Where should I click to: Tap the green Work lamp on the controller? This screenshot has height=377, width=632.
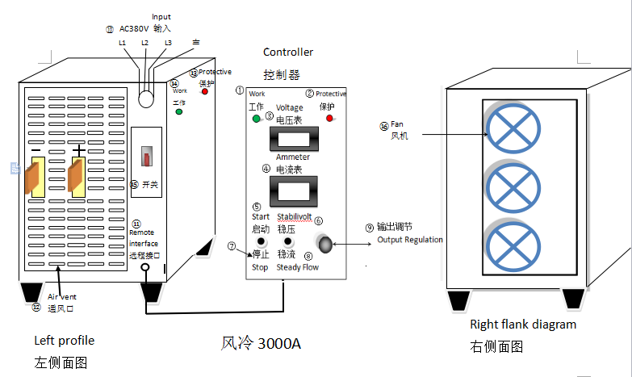coord(256,119)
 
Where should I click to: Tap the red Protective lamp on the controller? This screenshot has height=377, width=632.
coord(329,119)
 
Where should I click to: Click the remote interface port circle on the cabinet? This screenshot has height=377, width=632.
coord(145,269)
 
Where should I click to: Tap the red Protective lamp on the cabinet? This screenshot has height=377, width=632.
coord(205,91)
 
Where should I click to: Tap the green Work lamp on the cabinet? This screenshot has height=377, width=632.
coord(178,111)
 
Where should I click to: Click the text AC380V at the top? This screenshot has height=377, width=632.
coord(133,28)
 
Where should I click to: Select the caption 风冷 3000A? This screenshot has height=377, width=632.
coord(261,343)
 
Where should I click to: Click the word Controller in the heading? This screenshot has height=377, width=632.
coord(288,52)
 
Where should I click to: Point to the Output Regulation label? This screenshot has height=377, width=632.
coord(410,240)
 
